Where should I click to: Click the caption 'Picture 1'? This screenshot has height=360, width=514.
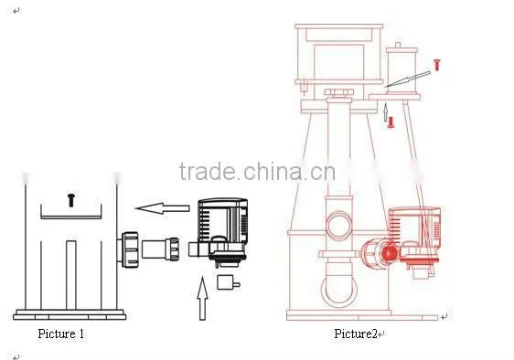click(x=61, y=334)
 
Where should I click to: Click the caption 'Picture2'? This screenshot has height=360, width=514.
click(x=356, y=334)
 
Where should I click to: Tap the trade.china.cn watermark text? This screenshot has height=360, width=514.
click(x=257, y=171)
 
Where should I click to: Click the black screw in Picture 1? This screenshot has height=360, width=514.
click(x=71, y=200)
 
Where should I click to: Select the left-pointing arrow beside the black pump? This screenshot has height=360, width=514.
click(x=162, y=208)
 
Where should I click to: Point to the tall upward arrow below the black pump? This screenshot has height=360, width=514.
click(x=203, y=299)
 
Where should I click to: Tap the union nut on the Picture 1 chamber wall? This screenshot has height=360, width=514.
click(x=130, y=250)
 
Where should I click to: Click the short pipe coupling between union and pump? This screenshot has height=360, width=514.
click(x=161, y=249)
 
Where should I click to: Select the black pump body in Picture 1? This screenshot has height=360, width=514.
click(x=222, y=230)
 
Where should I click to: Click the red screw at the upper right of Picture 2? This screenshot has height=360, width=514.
click(x=437, y=65)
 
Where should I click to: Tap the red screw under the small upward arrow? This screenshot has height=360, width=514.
click(x=391, y=122)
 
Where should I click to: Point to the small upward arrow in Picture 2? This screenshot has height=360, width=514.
click(x=386, y=112)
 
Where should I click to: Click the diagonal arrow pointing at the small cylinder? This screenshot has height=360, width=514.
click(x=408, y=79)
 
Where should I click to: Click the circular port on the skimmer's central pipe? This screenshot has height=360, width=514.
click(x=339, y=226)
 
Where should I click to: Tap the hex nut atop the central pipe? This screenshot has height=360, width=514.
click(x=339, y=92)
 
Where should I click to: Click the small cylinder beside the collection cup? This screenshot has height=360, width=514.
click(x=402, y=69)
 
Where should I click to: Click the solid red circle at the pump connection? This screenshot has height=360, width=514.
click(x=390, y=252)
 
